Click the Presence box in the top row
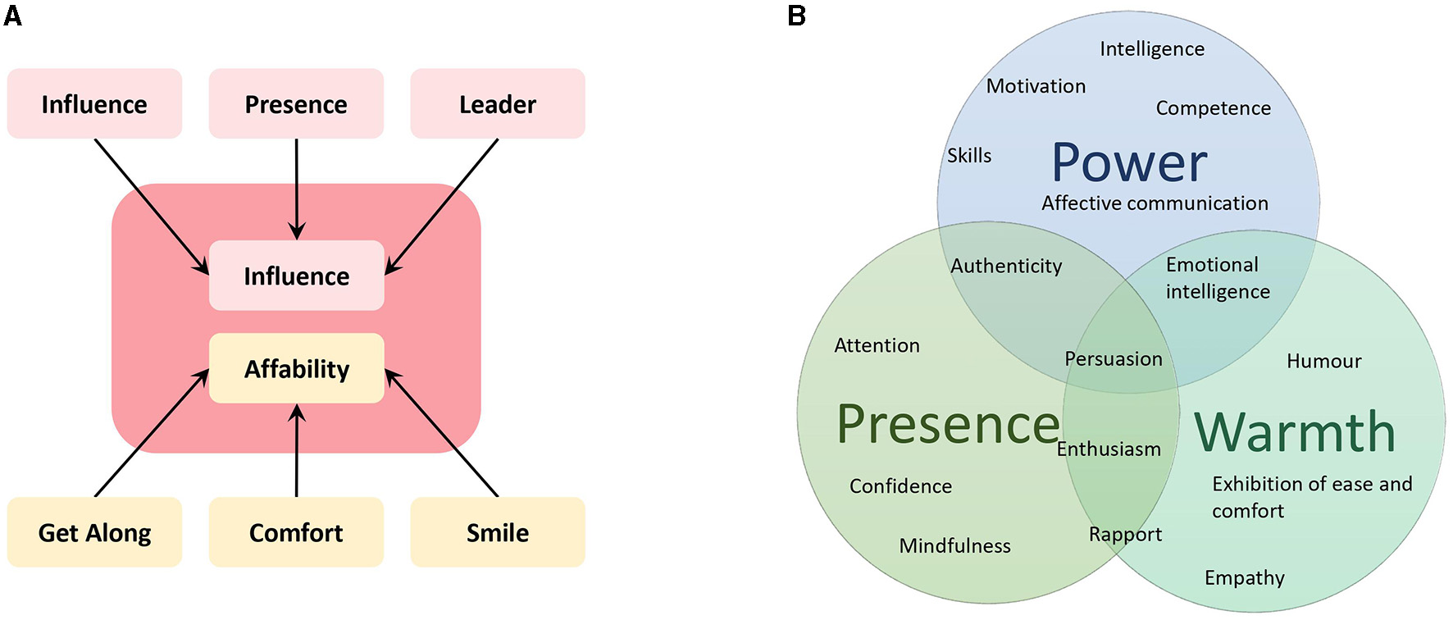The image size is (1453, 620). pos(296,104)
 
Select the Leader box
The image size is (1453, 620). pos(497,104)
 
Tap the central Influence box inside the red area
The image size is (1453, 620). pos(296,276)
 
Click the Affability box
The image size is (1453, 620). pos(296,368)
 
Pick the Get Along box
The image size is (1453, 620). pos(94,532)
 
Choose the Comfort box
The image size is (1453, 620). pos(296,532)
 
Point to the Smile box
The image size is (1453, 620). pos(497,532)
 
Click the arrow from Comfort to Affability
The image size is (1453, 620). pos(297,451)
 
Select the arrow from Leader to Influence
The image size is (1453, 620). pos(443,205)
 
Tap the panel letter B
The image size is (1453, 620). pos(796,15)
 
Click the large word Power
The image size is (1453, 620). pos(1129,162)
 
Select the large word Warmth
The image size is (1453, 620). pos(1295,432)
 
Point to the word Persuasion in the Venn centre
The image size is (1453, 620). pos(1113,359)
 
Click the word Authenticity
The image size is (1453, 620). pos(1006,266)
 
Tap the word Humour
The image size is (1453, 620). pos(1323,361)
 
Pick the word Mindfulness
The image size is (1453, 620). pos(954,545)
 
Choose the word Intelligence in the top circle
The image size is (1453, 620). pos(1152,49)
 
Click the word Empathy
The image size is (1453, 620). pos(1244,577)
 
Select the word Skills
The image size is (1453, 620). pos(969,156)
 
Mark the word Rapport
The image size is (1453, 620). pos(1125,535)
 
